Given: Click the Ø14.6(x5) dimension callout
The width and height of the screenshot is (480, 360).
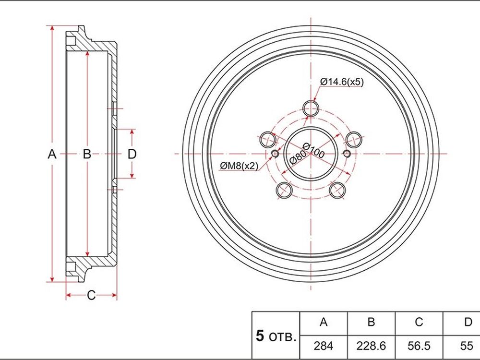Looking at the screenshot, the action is (342, 82).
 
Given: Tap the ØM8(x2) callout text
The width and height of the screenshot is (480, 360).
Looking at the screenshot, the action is (239, 166).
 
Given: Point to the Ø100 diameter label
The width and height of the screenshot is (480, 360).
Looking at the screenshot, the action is (313, 150).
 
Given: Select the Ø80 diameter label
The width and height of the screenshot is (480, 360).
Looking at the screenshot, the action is (297, 157).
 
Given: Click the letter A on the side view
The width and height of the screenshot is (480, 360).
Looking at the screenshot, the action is (52, 154).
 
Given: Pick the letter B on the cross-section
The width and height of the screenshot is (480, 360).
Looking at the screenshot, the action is (87, 154).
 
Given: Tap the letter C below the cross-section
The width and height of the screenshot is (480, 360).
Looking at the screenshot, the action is (91, 295).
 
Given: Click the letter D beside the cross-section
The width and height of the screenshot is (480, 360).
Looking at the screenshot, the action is (132, 154).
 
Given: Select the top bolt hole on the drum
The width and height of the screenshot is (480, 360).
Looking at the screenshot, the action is (311, 108).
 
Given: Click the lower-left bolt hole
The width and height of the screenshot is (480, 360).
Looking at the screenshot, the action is (284, 190).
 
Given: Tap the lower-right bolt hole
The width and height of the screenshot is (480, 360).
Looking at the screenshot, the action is (337, 190).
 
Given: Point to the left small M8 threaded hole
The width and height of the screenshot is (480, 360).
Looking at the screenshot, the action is (275, 154).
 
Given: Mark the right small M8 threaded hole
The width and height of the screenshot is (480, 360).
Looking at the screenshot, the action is (347, 154).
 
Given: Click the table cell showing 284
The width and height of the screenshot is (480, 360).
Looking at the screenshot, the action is (323, 346).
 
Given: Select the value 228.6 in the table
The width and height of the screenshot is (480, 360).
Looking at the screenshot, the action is (371, 346).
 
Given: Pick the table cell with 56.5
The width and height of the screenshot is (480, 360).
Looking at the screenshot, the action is (419, 346).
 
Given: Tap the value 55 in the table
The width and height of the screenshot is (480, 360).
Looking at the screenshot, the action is (467, 346).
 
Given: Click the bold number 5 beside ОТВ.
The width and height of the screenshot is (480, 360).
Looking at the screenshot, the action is (260, 336).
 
